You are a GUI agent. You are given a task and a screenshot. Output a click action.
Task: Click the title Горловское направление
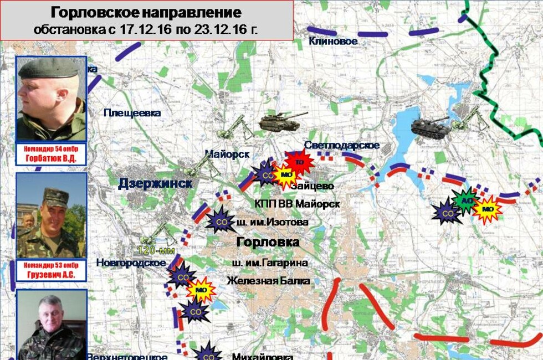pos(146,13)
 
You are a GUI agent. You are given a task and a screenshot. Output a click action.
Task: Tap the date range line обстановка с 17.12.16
pos(146,29)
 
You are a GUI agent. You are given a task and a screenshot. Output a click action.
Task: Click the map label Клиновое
pos(333,41)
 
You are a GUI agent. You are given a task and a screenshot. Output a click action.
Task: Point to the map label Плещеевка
pos(132,113)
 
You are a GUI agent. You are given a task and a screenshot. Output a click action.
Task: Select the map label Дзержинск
pos(155,184)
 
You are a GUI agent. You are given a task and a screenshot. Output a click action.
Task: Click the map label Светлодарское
pos(342,145)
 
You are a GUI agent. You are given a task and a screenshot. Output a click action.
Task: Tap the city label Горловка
pos(268,242)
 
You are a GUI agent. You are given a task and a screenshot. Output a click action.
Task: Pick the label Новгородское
pos(131,263)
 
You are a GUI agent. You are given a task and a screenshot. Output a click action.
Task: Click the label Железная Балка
pos(268,281)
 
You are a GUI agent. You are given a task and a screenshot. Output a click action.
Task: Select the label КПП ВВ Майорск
pos(297,204)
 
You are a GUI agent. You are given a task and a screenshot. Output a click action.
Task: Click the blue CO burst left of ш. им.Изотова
pos(220,221)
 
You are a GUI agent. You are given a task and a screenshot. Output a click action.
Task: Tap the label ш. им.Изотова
pos(273,223)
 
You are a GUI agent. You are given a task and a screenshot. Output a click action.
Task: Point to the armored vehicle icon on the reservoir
pos(431,128)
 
